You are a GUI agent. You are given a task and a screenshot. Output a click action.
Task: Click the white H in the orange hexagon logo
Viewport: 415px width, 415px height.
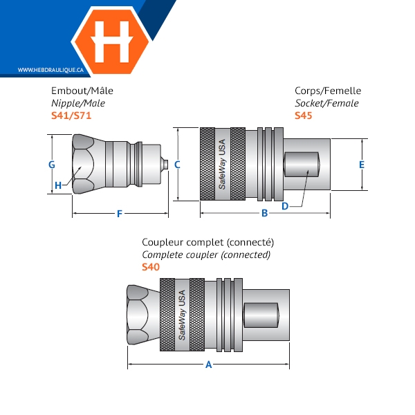point(112,41)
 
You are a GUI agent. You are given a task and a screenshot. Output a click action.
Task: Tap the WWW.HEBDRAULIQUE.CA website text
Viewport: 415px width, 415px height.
point(50,70)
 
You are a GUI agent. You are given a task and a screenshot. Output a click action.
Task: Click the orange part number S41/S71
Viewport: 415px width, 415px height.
point(71,116)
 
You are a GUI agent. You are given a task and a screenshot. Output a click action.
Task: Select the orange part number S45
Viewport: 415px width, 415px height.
point(304,116)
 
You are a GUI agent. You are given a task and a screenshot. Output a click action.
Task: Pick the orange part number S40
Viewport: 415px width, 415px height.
point(151,267)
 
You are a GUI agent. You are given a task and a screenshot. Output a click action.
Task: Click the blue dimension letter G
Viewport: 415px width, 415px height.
point(52,165)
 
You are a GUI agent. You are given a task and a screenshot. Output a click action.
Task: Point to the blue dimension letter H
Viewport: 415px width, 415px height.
point(58,185)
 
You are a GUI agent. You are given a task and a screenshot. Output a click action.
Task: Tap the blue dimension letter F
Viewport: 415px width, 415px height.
point(120,214)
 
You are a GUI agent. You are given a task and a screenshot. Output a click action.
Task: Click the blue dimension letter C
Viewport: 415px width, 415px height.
point(177,165)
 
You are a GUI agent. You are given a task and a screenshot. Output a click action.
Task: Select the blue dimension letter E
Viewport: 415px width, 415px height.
point(362,165)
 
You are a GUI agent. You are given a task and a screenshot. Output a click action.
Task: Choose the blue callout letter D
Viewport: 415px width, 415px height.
point(285,206)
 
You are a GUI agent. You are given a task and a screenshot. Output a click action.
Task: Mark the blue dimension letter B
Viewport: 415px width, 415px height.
point(264,213)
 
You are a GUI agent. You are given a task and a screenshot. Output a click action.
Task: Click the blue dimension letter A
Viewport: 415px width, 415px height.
point(209,365)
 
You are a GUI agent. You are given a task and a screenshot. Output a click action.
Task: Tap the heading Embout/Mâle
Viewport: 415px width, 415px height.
point(82,91)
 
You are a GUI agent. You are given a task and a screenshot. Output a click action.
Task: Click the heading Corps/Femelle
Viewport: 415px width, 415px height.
point(328,91)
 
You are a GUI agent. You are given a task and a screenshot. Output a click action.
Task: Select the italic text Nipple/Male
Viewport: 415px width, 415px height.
point(78,103)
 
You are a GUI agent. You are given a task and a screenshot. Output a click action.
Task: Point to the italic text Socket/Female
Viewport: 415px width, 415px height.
point(327,103)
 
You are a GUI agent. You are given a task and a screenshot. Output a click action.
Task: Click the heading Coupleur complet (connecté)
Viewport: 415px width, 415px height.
point(207,243)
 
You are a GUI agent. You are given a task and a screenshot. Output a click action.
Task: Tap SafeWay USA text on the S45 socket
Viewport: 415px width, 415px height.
point(222,164)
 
